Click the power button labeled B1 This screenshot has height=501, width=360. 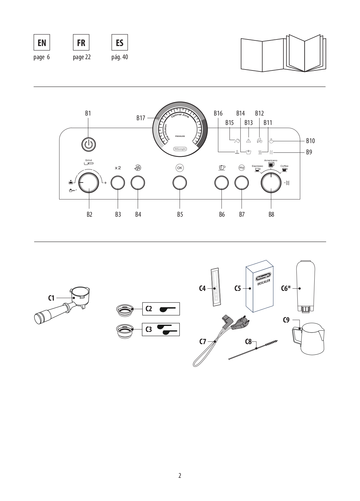tap(89, 144)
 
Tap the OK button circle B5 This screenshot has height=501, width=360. tap(180, 183)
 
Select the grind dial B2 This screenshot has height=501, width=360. tap(89, 183)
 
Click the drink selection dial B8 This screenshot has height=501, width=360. tap(271, 183)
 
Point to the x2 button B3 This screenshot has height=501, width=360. tap(118, 183)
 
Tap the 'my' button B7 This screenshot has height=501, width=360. tap(242, 183)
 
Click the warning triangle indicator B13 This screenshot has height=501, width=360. tap(249, 141)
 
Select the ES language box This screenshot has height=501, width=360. tap(120, 42)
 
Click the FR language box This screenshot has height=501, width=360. tap(81, 42)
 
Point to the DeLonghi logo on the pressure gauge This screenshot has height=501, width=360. tap(180, 149)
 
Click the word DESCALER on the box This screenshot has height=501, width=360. tap(264, 282)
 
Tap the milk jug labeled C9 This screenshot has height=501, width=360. tap(309, 338)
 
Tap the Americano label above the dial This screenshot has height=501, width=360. tap(270, 160)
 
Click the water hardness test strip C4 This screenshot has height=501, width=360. tap(215, 287)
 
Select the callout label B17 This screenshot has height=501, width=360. tap(141, 118)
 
